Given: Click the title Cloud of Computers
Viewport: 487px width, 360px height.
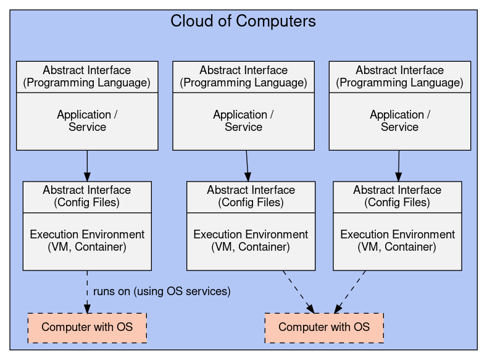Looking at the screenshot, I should [x=243, y=22].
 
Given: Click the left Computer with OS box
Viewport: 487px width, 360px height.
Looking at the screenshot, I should [x=87, y=327].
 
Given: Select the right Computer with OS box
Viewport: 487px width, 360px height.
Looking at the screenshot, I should [x=324, y=327].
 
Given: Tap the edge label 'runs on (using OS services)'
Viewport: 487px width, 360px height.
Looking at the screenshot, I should [x=162, y=291].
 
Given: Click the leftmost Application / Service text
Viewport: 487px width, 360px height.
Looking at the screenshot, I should [x=87, y=121].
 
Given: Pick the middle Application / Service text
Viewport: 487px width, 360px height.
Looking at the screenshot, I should [x=243, y=121].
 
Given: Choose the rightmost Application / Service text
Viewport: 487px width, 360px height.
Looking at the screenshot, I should [x=399, y=121].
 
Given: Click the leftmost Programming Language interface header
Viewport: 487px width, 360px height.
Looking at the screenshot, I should [x=87, y=77].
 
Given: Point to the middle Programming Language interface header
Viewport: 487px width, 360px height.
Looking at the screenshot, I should [x=243, y=77].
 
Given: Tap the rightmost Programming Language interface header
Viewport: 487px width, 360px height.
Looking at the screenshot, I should [x=399, y=77].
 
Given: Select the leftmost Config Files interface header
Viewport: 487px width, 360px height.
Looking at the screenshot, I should [x=87, y=196].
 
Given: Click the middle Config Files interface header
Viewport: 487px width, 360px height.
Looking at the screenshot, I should [x=251, y=196].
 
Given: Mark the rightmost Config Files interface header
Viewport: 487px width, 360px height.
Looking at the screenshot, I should [x=398, y=196].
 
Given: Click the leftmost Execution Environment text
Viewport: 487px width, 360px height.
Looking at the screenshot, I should [x=87, y=241].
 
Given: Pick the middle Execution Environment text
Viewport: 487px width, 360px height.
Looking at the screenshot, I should [x=251, y=241].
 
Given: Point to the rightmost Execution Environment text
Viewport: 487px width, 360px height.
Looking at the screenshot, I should [x=398, y=241].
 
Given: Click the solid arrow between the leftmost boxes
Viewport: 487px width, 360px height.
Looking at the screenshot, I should [x=87, y=165].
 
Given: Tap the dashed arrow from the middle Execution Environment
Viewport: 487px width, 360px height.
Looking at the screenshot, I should [x=298, y=291].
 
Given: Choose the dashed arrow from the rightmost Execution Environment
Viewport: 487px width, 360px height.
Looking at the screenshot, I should [x=351, y=291].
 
